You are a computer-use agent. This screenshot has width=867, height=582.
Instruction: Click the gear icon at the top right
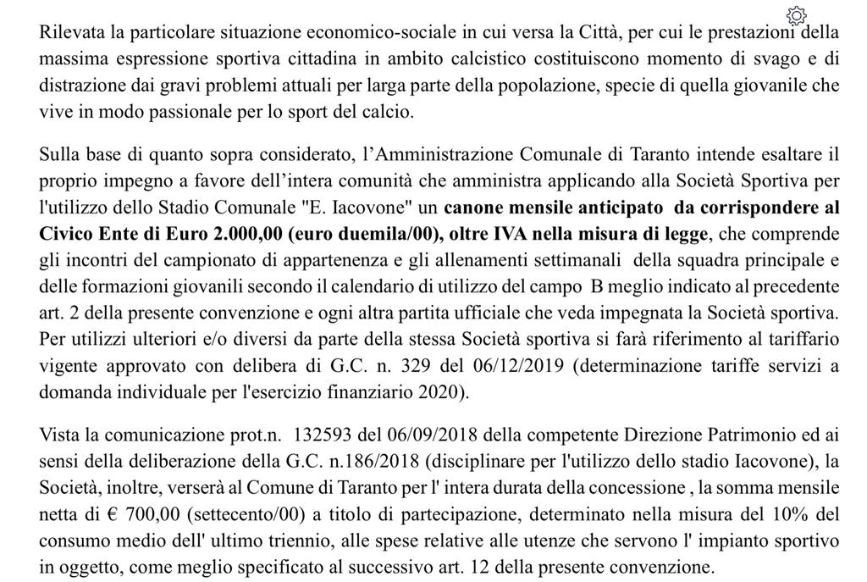795,15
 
